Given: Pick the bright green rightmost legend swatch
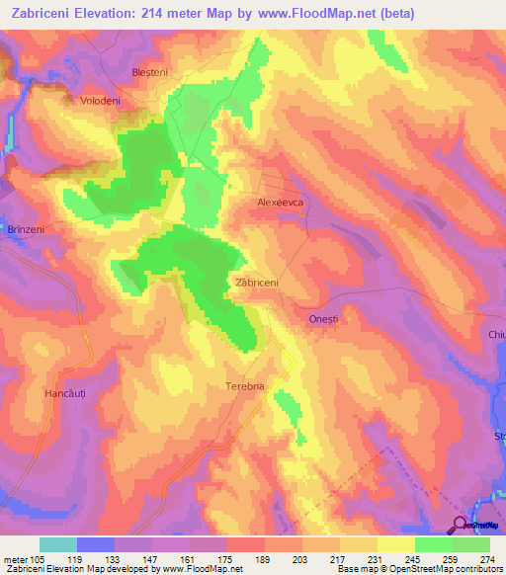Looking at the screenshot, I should tap(470, 544).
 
